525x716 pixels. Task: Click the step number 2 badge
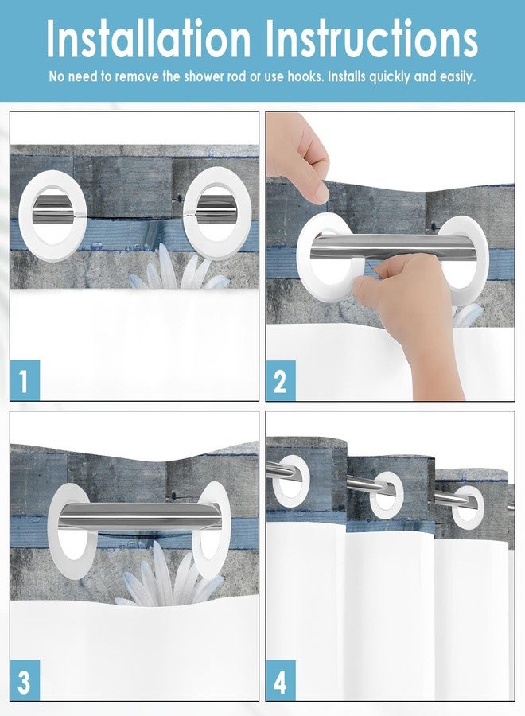(280, 380)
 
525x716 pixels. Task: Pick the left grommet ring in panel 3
(72, 520)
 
